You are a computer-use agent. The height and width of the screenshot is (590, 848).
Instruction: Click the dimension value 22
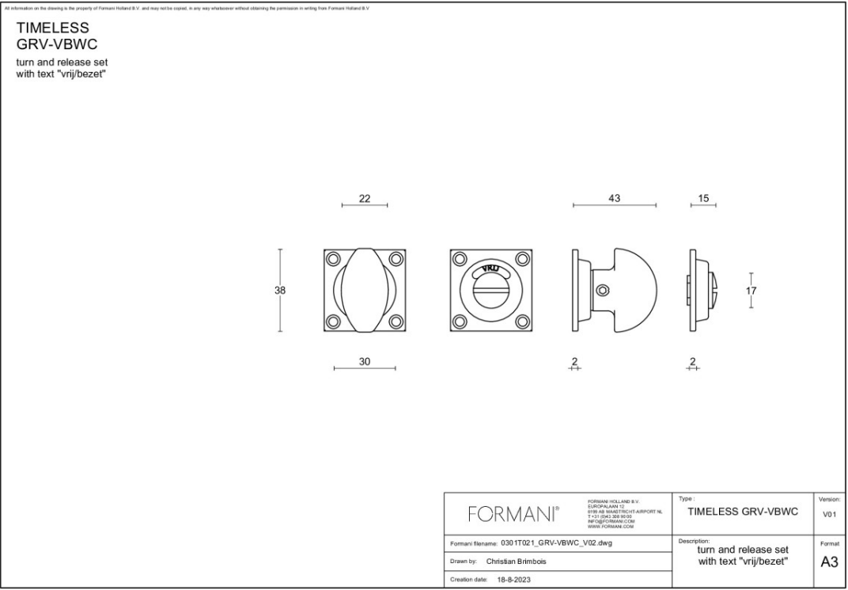(x=365, y=199)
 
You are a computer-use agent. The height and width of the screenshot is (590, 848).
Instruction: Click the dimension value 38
(x=280, y=291)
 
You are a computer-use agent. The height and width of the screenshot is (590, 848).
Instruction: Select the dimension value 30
(x=365, y=361)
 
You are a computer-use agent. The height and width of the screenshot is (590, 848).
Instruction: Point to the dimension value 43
(x=615, y=198)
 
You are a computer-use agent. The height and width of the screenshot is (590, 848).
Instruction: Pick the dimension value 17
(x=751, y=291)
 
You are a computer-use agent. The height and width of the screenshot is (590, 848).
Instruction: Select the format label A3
(x=829, y=562)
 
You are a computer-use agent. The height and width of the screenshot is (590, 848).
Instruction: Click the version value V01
(x=829, y=515)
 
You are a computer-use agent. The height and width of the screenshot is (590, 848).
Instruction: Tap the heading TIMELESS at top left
(x=52, y=28)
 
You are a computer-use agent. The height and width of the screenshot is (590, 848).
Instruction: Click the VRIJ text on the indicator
(x=490, y=269)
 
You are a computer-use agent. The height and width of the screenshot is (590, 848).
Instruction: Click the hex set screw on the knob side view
(x=603, y=291)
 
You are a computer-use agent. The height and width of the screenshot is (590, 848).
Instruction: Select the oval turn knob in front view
(x=365, y=291)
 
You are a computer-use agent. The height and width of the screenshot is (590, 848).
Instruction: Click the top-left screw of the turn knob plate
(x=333, y=258)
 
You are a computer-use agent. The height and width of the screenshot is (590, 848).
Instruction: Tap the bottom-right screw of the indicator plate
(x=522, y=322)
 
